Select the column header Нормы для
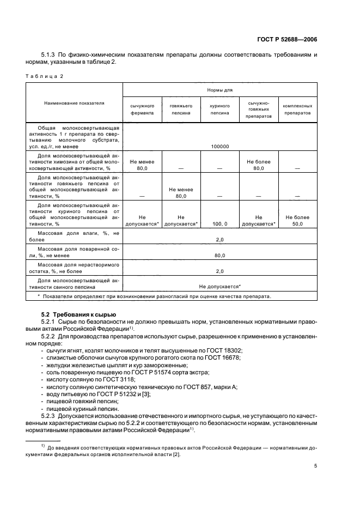click(x=220, y=89)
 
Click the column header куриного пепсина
click(x=220, y=109)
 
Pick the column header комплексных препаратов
click(x=297, y=109)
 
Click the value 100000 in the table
click(x=220, y=146)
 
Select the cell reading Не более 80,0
click(x=259, y=165)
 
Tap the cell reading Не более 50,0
click(x=297, y=221)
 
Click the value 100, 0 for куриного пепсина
click(x=220, y=224)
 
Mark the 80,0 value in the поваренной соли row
click(x=220, y=255)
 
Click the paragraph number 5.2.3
click(x=50, y=415)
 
